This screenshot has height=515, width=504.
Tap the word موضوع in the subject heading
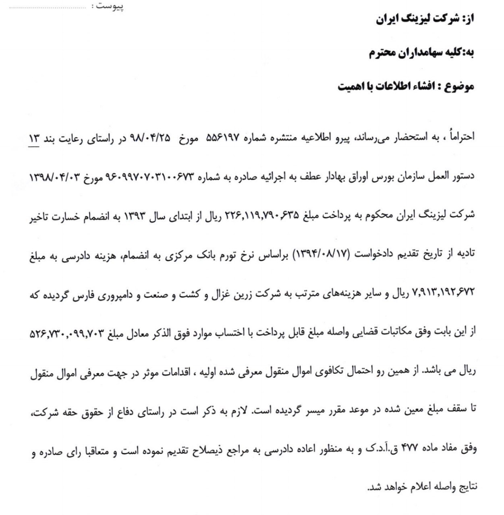[459, 87]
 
